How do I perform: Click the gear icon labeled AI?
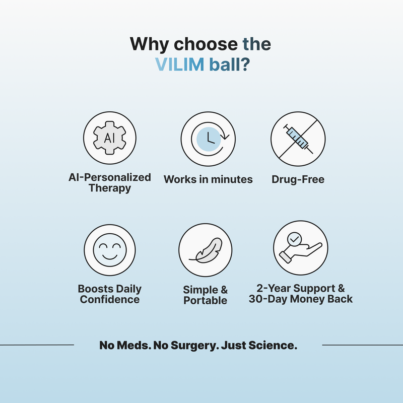coord(109,138)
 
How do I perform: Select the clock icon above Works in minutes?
coord(208,139)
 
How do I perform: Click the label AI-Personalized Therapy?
coord(109,183)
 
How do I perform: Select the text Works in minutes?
coord(208,179)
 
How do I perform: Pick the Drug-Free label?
coord(298,179)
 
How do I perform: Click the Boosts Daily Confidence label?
coord(109,294)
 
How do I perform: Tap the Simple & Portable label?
coord(205,295)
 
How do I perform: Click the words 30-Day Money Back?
coord(301,299)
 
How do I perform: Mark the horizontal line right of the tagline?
coord(362,345)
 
